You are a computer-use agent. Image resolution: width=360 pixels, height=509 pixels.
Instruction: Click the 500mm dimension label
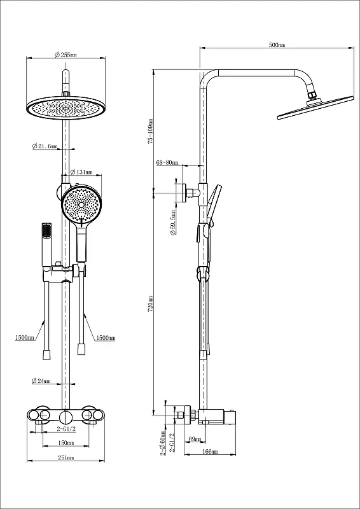pos(277,45)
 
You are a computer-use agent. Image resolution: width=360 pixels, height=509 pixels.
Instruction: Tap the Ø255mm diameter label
pos(66,55)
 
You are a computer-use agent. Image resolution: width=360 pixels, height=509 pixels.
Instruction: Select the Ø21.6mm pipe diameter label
pos(45,146)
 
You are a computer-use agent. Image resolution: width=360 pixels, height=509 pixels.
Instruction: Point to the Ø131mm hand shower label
pos(81,172)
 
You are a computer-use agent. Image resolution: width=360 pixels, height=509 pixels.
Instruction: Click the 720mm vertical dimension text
pos(150,304)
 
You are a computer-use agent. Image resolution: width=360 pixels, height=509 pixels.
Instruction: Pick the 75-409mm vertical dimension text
pos(150,131)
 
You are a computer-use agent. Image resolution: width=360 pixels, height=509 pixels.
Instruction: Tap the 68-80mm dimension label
pos(167,163)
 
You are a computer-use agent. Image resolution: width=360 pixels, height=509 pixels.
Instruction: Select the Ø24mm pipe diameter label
pos(41,381)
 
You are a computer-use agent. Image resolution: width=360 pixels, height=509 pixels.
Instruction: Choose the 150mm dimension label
pos(66,442)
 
